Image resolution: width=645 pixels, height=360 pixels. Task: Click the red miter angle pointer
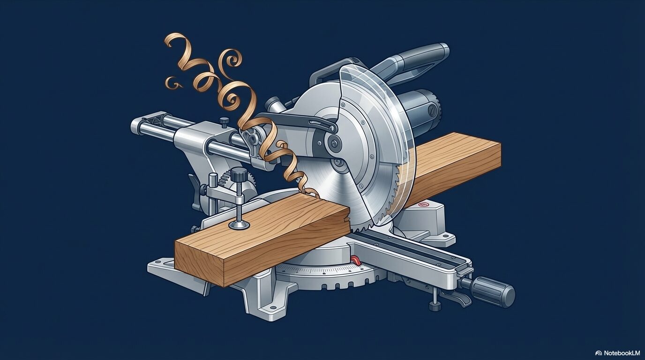click(x=356, y=260)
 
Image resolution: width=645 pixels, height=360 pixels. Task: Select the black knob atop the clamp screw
click(x=239, y=174)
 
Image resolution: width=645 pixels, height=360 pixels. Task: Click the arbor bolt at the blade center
click(x=334, y=142)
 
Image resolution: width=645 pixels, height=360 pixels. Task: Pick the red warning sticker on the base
click(x=423, y=205)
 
